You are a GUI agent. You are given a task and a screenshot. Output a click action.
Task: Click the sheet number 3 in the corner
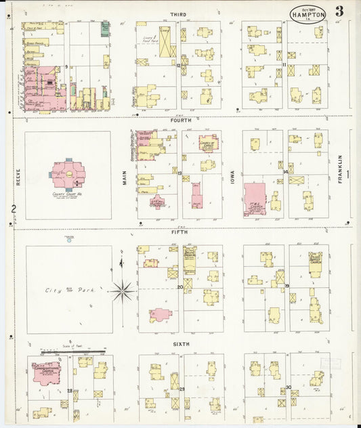(338, 12)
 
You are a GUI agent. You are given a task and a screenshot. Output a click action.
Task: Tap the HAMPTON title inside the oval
(309, 14)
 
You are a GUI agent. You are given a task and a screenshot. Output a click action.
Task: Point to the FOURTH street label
(180, 121)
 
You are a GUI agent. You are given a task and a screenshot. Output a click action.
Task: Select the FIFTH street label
(180, 232)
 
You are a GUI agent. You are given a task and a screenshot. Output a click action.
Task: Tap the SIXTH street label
(181, 343)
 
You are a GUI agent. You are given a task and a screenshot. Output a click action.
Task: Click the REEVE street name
(19, 177)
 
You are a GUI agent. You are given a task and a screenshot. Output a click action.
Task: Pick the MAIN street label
(124, 177)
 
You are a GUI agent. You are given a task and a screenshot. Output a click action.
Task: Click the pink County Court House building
(68, 175)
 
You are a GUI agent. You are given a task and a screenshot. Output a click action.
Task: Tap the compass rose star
(123, 291)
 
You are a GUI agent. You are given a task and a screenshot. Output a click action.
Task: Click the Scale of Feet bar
(71, 352)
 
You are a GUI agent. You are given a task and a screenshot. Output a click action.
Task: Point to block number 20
(180, 287)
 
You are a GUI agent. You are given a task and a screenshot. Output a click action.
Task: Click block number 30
(289, 387)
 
